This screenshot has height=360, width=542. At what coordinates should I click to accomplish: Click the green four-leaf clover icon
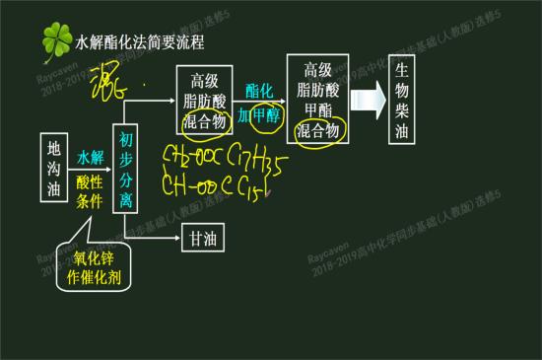56,41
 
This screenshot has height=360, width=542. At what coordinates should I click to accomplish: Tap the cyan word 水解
91,156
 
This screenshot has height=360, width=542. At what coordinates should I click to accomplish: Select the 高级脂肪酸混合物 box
204,101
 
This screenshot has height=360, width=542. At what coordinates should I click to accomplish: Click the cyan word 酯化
258,90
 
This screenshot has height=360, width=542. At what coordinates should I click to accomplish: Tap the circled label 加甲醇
259,115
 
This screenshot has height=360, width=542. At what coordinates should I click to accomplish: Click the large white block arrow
369,100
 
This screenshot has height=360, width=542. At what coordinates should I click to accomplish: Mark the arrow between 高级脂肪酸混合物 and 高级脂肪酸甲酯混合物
259,103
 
